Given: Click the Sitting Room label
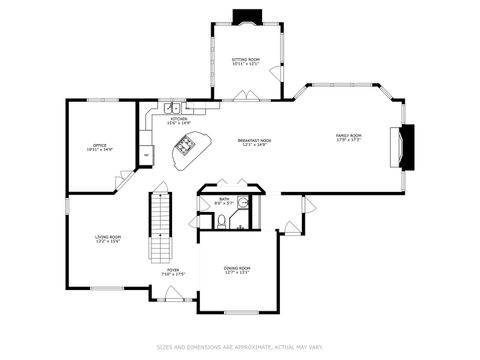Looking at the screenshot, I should [x=246, y=62].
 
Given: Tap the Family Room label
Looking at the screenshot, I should [x=348, y=137].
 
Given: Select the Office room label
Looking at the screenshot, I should [x=100, y=148].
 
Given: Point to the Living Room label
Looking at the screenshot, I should [x=108, y=239].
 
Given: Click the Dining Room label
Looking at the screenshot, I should [x=237, y=270].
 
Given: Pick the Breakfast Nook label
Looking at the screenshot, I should [x=254, y=142].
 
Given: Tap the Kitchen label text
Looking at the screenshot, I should [x=179, y=121].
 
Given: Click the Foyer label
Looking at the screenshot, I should [x=173, y=272].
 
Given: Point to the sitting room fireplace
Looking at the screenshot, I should [x=245, y=17].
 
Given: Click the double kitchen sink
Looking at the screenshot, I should [x=172, y=106].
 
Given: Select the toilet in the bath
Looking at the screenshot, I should [x=220, y=221].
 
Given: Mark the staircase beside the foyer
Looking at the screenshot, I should [x=160, y=214].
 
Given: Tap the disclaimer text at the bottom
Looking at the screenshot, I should [x=239, y=348].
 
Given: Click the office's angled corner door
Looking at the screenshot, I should [x=125, y=180].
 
